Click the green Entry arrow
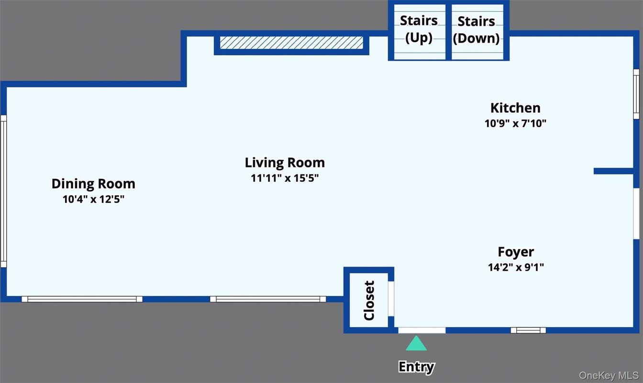coord(416,343)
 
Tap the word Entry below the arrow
coord(416,367)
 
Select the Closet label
coord(369,300)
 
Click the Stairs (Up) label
coord(419,29)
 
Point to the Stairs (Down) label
coord(476,30)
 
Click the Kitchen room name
coord(515,108)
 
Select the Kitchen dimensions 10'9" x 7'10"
coord(515,123)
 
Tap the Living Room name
coord(285,163)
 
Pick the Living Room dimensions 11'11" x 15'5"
coord(285,178)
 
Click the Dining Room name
coord(93,184)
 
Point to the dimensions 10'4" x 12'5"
coord(93,199)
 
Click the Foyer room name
coord(516,252)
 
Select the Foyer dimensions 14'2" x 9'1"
coord(516,267)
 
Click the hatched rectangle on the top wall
coord(291,43)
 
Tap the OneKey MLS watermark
coord(609,375)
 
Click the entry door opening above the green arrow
coord(422,330)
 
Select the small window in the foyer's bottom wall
coord(528,330)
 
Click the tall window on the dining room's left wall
coord(3,191)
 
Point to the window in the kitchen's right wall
coord(636,94)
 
